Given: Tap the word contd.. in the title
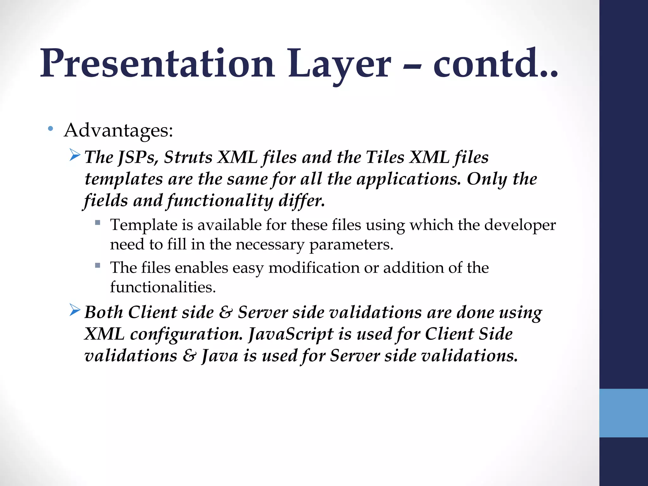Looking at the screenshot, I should pos(495,63).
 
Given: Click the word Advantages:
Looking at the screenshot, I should pos(119,130).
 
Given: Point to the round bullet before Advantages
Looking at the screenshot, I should pos(50,129).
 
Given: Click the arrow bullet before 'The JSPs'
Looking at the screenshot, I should pos(75,155).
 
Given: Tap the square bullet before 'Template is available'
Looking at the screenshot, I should pos(98,223).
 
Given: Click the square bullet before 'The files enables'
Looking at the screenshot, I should pos(98,265).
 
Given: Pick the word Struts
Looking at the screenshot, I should pos(188,157).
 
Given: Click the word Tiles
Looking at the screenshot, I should pos(385,157).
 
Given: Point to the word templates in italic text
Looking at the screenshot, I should pos(124,179).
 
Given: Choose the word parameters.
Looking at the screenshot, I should pos(351,245).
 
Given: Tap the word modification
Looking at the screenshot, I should pos(314,268).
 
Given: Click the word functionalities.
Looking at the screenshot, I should pos(163,287).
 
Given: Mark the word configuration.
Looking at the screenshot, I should pos(186,334).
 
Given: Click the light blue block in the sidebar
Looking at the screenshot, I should pos(623,413).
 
